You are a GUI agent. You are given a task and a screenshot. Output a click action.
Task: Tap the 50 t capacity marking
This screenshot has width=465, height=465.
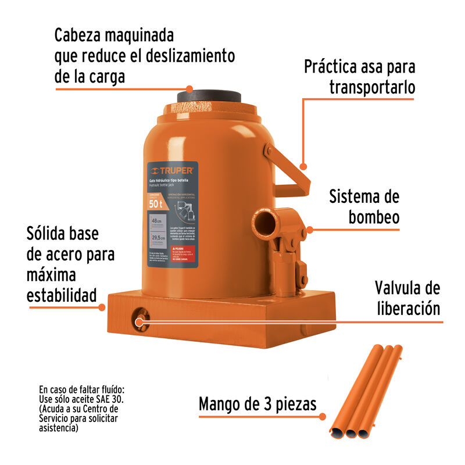pos(156,203)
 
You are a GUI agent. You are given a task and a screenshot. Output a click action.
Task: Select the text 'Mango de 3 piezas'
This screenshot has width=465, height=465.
pos(257,404)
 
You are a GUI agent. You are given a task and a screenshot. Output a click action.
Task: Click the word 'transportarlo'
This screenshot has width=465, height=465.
pos(372,87)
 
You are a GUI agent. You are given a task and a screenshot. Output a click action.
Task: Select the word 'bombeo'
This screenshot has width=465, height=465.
pos(374,217)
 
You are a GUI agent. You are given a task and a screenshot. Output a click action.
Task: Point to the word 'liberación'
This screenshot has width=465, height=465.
pos(407,308)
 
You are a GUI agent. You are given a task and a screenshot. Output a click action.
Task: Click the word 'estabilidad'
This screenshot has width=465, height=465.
pos(62,295)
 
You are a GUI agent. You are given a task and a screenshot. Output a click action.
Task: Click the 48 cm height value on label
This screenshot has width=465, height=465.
pos(156,221)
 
